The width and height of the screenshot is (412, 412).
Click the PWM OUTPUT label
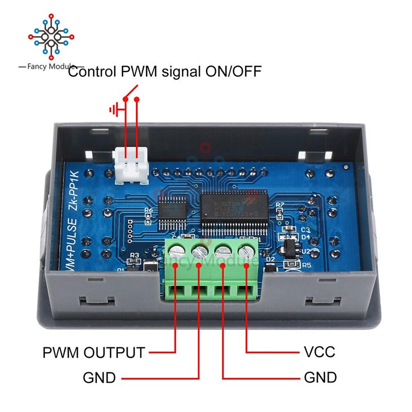pos(94,353)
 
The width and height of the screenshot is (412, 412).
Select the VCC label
pos(320,352)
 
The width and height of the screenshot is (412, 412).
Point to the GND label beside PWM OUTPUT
pos(99,378)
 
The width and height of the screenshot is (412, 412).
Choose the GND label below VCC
pos(320,377)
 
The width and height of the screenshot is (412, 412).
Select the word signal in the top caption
pos(173,71)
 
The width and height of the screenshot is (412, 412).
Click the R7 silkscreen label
pos(280,205)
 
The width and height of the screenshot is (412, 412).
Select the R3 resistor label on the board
pos(135,255)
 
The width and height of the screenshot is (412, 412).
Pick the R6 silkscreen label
pos(149,211)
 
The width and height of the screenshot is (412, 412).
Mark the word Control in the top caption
pos(93,71)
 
